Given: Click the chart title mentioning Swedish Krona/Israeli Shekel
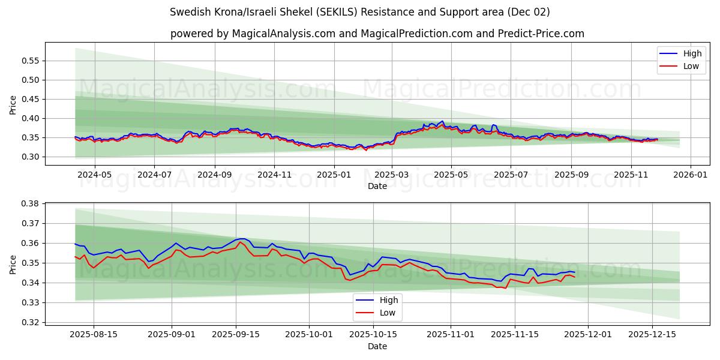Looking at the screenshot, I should [359, 12].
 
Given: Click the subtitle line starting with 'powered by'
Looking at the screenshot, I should [377, 34].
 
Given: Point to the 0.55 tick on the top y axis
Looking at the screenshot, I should [29, 61].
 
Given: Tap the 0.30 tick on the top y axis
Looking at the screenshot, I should [29, 157].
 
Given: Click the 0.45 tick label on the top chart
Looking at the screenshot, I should [29, 99].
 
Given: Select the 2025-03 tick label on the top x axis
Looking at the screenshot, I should [392, 175].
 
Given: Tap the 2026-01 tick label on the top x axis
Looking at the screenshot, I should [690, 175].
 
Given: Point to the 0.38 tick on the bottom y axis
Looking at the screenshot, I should [29, 203].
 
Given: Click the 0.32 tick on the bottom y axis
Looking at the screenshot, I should [29, 322].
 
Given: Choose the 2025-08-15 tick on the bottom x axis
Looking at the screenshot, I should [93, 334].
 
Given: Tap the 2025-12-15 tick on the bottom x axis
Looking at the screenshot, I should [652, 334].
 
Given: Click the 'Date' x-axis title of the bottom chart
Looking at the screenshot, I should [377, 346].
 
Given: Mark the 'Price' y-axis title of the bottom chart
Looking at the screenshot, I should [13, 263].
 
